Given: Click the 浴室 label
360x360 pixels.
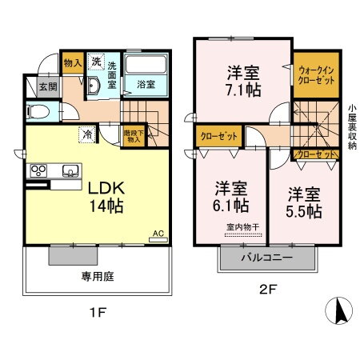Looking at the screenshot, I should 146,82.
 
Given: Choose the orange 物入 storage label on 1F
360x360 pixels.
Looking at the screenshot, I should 72,61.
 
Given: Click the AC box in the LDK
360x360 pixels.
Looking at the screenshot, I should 158,234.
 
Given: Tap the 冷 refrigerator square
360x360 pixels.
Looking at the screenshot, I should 86,134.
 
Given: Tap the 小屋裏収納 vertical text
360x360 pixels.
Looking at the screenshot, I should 352,123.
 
